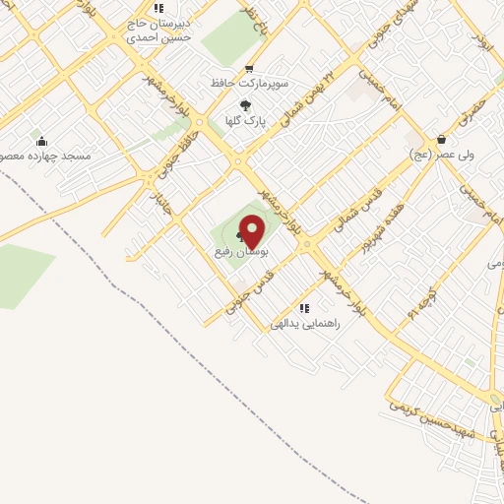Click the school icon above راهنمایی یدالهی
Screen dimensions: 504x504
tap(315, 307)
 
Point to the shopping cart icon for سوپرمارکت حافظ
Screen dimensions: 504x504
tap(249, 69)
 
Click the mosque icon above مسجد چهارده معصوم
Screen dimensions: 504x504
tap(39, 142)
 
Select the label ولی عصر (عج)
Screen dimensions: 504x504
tap(442, 155)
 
